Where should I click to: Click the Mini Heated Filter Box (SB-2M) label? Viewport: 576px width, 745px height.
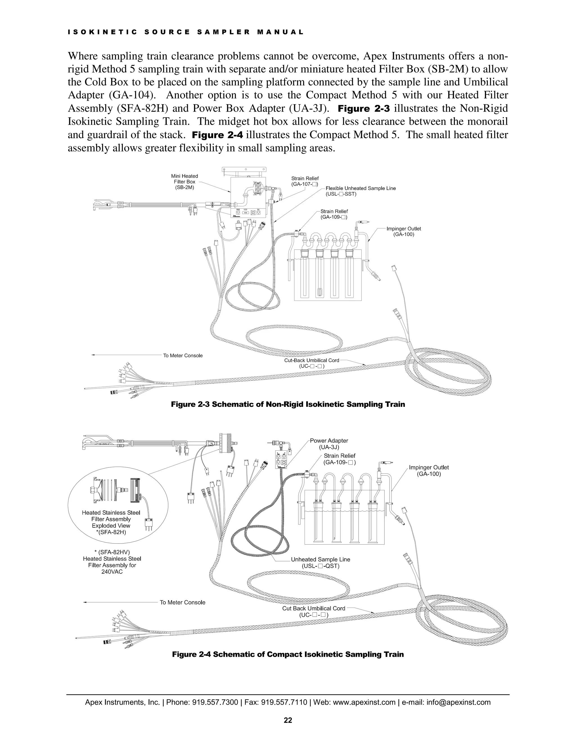(x=184, y=182)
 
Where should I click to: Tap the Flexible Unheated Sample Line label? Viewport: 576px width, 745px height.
(x=360, y=188)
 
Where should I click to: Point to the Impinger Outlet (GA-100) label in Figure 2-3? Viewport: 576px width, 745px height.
(x=403, y=231)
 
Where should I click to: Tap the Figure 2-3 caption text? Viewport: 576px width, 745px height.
(x=288, y=404)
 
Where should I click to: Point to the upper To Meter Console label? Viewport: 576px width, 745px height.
(x=183, y=355)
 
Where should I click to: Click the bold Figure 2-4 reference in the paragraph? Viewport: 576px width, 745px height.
(x=217, y=135)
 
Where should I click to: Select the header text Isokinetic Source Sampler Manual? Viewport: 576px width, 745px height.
(x=186, y=32)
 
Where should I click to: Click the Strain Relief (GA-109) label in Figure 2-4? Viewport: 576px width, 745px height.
(x=339, y=459)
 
